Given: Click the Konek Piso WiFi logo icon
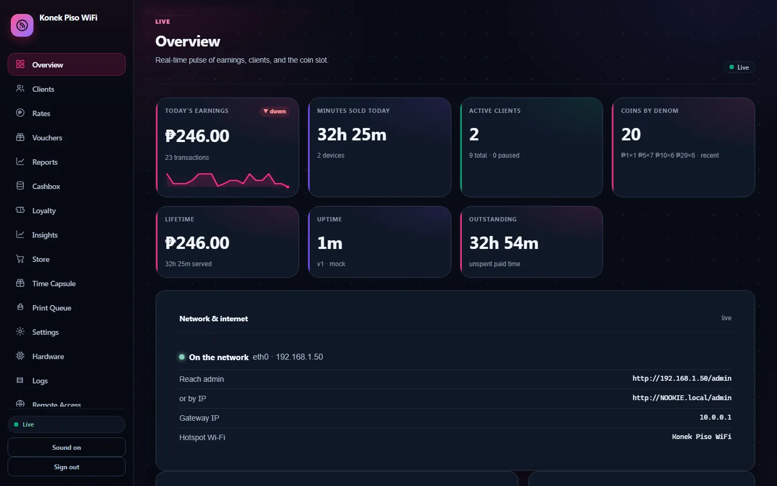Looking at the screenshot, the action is (22, 25).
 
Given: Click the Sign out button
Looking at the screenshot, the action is (66, 467).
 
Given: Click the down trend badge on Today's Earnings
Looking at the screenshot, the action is (274, 111).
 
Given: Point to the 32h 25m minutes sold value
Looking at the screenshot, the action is (352, 134).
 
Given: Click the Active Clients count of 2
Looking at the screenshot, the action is (474, 134).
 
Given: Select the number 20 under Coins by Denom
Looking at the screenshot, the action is (631, 134).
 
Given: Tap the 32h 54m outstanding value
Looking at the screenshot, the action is (503, 243).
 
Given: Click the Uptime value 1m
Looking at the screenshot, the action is (330, 243).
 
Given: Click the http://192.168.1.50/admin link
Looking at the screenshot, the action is (681, 379).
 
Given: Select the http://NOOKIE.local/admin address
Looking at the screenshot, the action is (681, 398).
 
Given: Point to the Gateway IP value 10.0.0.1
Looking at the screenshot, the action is (715, 417).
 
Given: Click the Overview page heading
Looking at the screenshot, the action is (188, 41).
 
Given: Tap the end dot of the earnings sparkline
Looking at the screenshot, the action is (288, 187).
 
